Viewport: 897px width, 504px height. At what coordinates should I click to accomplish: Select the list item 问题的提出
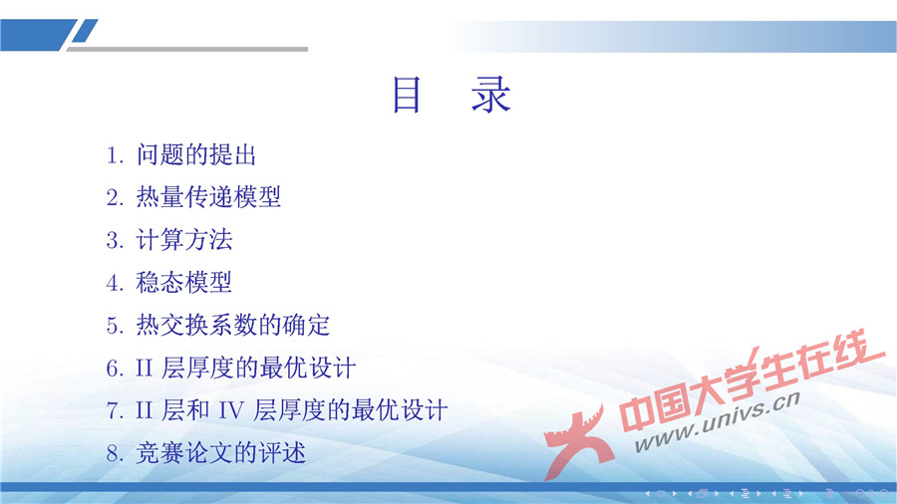coord(197,155)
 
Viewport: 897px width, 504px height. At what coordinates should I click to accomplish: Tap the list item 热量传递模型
coord(208,197)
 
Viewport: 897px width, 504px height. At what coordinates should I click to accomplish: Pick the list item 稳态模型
coord(184,283)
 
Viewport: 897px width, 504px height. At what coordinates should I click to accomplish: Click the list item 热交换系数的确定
coord(232,325)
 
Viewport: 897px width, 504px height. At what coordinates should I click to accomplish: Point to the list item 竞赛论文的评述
coord(220,453)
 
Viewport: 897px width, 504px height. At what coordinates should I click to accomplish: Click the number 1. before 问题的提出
coord(115,155)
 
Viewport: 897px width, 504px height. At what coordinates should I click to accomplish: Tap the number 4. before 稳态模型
coord(115,283)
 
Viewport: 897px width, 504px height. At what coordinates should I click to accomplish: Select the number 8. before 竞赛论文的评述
coord(115,453)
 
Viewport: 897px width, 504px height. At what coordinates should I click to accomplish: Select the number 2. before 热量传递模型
coord(115,197)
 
